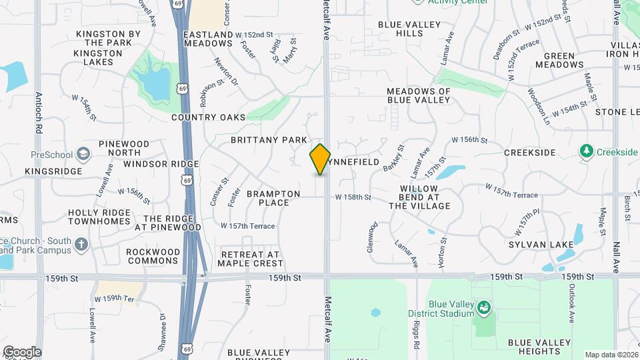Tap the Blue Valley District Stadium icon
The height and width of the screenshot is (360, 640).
(485, 307)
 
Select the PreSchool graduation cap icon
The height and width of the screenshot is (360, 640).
(83, 155)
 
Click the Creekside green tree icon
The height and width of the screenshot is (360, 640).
(587, 152)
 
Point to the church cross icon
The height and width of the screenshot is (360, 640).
(81, 244)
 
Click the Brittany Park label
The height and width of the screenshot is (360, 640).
(269, 140)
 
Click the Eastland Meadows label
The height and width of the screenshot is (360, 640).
(207, 39)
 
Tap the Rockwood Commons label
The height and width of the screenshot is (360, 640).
(153, 256)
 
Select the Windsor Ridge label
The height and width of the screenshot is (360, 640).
(161, 164)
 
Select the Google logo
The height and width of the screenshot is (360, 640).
(22, 351)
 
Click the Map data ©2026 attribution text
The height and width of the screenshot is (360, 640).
(611, 355)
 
